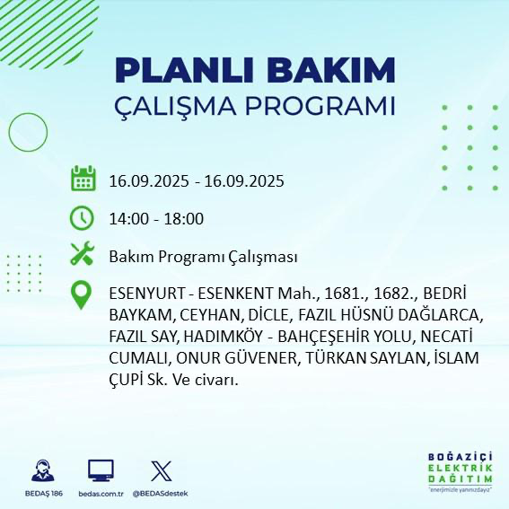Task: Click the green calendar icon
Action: point(83,179)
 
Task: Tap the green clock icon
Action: point(83,217)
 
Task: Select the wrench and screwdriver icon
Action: point(83,255)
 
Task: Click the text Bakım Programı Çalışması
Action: point(202,256)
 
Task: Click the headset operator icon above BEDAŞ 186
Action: point(40,470)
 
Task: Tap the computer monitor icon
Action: point(101,470)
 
